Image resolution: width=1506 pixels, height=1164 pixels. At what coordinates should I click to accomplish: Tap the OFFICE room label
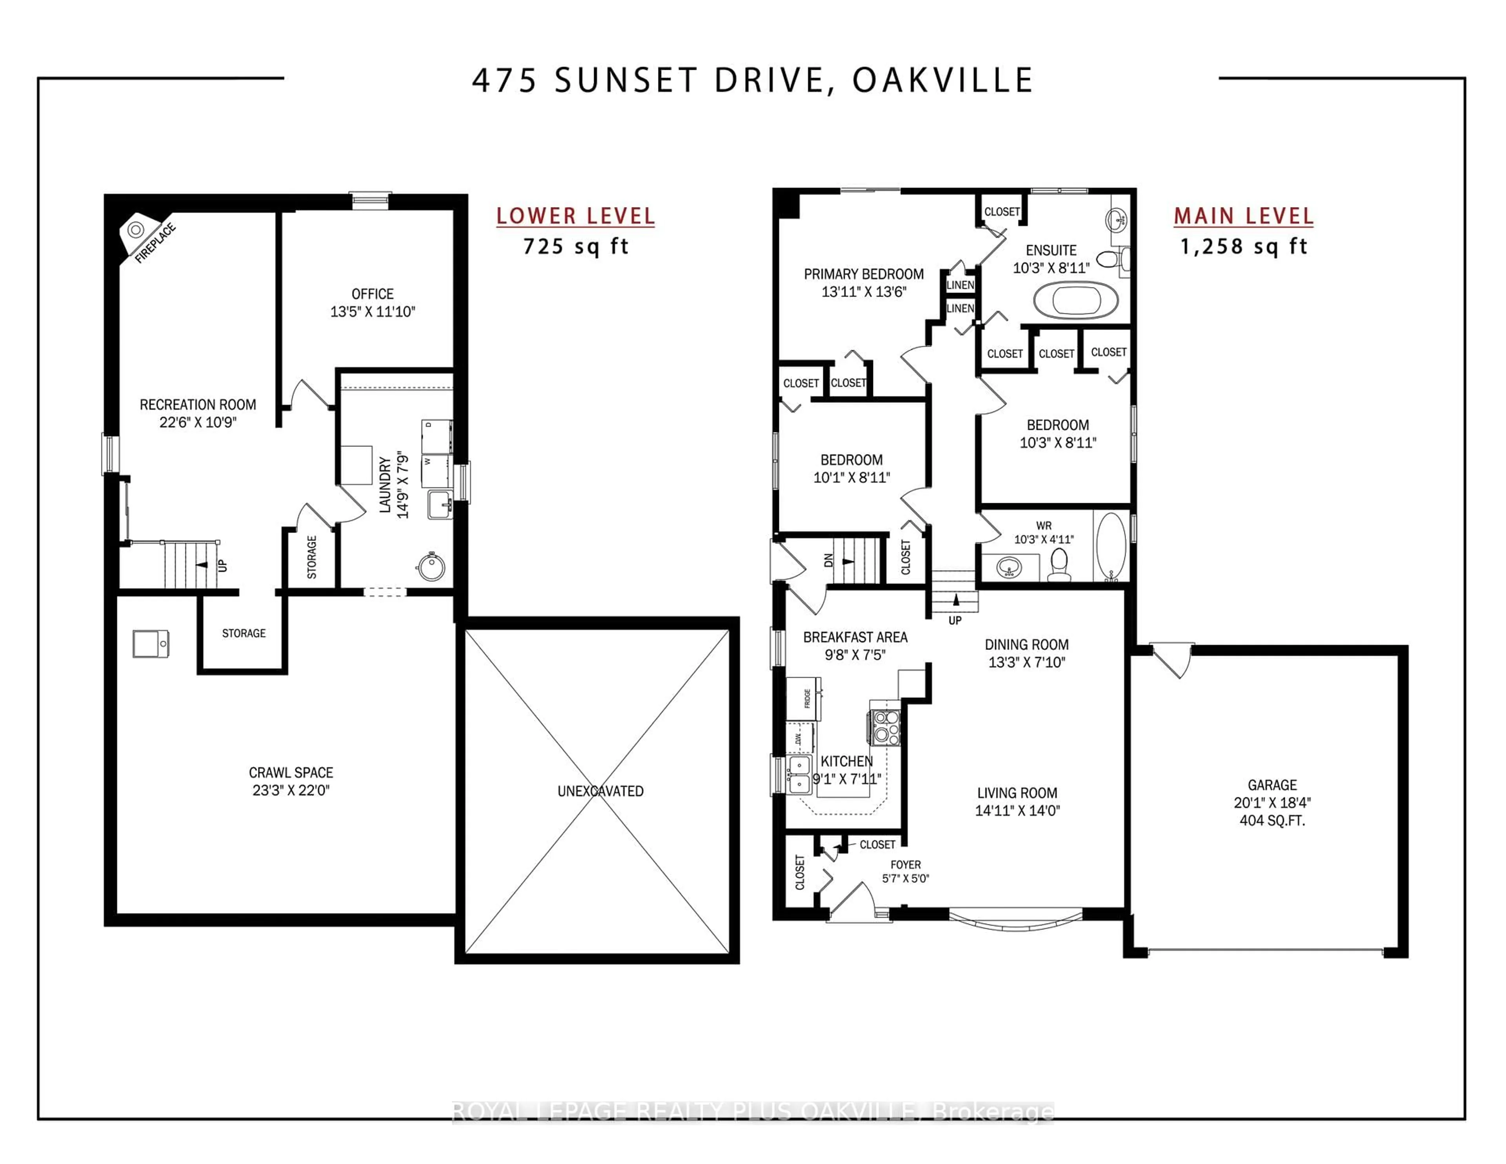tap(372, 294)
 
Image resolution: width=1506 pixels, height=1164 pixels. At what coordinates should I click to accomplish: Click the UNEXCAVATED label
tap(600, 791)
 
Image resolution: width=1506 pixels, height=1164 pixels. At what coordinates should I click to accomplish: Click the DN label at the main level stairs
tap(829, 560)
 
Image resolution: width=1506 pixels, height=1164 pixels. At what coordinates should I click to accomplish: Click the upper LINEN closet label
tap(960, 285)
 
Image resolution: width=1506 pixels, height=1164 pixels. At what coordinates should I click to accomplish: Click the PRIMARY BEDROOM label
tap(863, 274)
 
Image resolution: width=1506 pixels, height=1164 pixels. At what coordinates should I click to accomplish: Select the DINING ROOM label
tap(1026, 645)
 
